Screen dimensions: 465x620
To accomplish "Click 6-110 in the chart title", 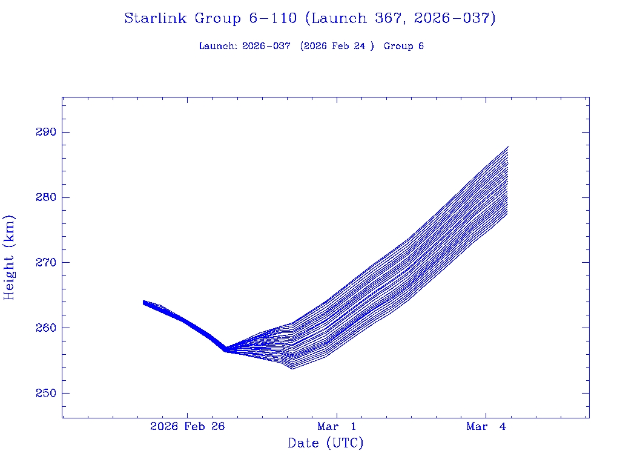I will click(272, 19).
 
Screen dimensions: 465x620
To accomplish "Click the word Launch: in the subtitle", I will click(218, 46).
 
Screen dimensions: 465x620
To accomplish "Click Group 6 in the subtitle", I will click(404, 46).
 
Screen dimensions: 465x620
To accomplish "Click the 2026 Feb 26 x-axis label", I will click(187, 427).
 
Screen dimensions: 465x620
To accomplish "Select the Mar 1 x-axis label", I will click(337, 427).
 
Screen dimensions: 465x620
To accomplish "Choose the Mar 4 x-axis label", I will click(486, 427).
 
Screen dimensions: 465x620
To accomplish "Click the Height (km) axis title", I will click(9, 257).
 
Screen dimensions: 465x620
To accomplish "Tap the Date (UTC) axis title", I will click(326, 444).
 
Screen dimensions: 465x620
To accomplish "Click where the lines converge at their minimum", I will click(226, 349).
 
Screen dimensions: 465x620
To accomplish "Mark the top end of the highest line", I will click(509, 147).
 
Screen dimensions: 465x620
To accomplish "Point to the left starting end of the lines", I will click(143, 302).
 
